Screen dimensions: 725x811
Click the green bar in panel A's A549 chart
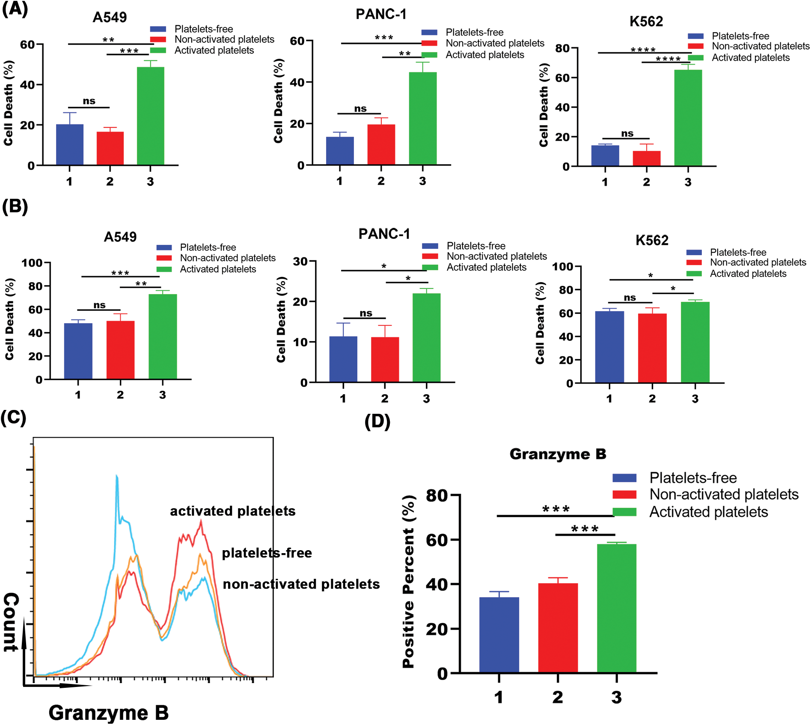[x=150, y=115]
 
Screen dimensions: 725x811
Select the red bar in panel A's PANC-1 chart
[x=381, y=144]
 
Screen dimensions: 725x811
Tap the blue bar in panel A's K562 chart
[x=605, y=156]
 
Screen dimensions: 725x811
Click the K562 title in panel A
[x=646, y=21]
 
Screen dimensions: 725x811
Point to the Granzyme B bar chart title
[x=558, y=454]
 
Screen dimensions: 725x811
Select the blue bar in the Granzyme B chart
[x=499, y=635]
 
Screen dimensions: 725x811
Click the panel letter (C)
[x=14, y=417]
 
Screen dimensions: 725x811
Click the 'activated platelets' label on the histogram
[x=232, y=511]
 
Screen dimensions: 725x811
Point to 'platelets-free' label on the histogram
[x=267, y=553]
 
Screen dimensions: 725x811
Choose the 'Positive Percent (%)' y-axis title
[x=409, y=581]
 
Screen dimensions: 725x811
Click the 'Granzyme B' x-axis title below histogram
[x=108, y=713]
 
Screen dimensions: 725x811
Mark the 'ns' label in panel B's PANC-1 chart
[x=365, y=313]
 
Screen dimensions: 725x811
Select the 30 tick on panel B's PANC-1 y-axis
[x=300, y=261]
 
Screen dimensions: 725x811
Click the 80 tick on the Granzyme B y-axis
[x=437, y=495]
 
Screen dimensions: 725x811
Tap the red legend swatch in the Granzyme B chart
[x=624, y=495]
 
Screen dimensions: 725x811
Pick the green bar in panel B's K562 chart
[x=695, y=342]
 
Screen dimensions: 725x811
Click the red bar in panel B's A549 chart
[x=120, y=350]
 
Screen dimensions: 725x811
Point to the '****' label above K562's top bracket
[x=643, y=50]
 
